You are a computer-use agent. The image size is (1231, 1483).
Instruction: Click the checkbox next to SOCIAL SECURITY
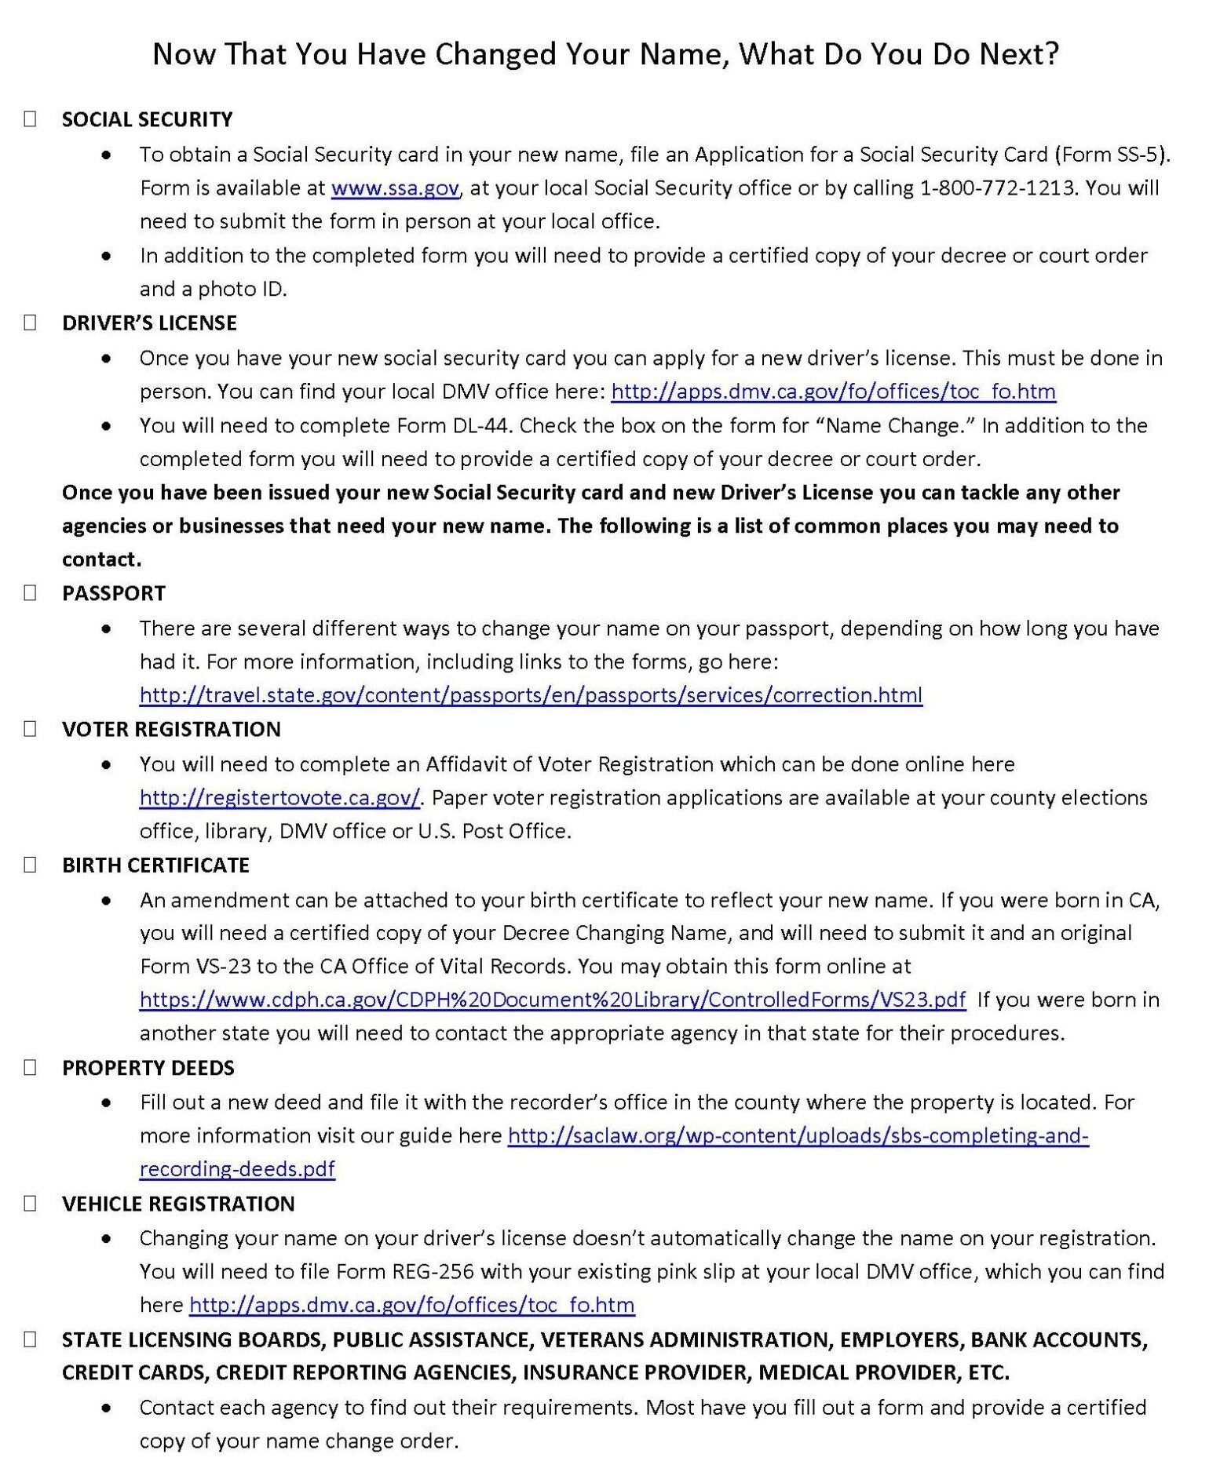click(30, 119)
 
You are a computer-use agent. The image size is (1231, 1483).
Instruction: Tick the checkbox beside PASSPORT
click(30, 593)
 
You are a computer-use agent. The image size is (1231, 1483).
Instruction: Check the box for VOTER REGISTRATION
click(30, 729)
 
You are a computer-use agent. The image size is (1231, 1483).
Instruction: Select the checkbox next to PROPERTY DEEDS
click(30, 1067)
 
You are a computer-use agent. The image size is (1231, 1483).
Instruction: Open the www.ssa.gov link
click(395, 188)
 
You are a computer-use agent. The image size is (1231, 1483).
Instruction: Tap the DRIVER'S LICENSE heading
click(149, 323)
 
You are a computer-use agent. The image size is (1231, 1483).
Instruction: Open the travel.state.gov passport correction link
click(531, 695)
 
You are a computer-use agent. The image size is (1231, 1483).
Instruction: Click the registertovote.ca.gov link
click(280, 798)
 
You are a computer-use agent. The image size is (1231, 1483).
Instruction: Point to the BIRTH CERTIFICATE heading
click(155, 865)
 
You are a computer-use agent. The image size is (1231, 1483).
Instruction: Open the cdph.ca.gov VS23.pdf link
click(553, 1000)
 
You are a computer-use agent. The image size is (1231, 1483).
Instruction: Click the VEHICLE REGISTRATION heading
click(178, 1204)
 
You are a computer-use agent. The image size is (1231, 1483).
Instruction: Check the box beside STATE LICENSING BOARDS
click(30, 1339)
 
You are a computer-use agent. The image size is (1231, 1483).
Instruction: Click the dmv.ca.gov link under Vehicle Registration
click(412, 1305)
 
